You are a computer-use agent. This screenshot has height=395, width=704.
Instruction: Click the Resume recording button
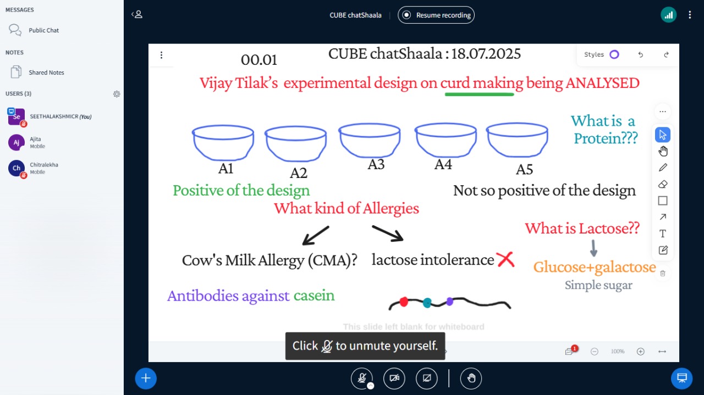pos(436,15)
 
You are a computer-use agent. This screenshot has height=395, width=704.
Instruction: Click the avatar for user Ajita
pos(16,142)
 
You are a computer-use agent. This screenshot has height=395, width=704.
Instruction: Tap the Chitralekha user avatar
pos(16,168)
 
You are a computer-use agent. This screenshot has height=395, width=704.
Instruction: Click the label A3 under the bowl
pos(376,164)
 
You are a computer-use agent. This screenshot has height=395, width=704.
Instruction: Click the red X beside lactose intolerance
pos(505,259)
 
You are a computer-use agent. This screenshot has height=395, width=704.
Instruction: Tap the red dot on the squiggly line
pos(404,302)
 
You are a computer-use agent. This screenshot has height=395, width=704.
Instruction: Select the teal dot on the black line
pos(427,303)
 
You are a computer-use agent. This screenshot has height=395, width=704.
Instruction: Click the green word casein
pos(314,295)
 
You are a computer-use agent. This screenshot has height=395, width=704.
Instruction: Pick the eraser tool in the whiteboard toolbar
pos(663,184)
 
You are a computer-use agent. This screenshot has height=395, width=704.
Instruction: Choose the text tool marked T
pos(663,233)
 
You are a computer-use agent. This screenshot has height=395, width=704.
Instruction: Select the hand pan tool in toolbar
pos(663,151)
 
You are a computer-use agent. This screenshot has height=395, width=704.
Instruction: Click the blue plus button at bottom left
pos(146,379)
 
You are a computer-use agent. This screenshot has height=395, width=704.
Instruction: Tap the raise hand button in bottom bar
pos(471,379)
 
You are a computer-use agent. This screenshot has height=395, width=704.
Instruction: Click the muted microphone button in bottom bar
pos(362,379)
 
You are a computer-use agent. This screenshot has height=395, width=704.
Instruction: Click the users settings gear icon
pos(117,94)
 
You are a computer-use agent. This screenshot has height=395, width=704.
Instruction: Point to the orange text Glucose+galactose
pos(595,267)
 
